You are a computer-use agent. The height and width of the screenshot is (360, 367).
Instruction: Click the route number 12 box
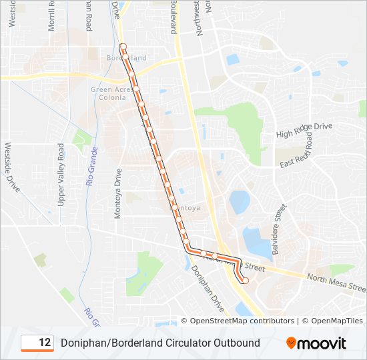click(37, 343)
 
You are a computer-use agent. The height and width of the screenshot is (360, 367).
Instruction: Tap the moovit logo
click(316, 343)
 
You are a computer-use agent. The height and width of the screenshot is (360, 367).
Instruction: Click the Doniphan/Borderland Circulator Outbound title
click(160, 343)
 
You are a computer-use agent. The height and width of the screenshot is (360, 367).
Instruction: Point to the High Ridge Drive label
click(304, 130)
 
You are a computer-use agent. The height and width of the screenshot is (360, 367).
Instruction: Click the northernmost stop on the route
click(122, 46)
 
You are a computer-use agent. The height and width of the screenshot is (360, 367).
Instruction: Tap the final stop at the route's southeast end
click(245, 281)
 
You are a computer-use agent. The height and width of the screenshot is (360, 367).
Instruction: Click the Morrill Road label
click(53, 13)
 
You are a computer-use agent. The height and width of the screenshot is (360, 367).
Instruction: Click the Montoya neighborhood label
click(187, 208)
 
